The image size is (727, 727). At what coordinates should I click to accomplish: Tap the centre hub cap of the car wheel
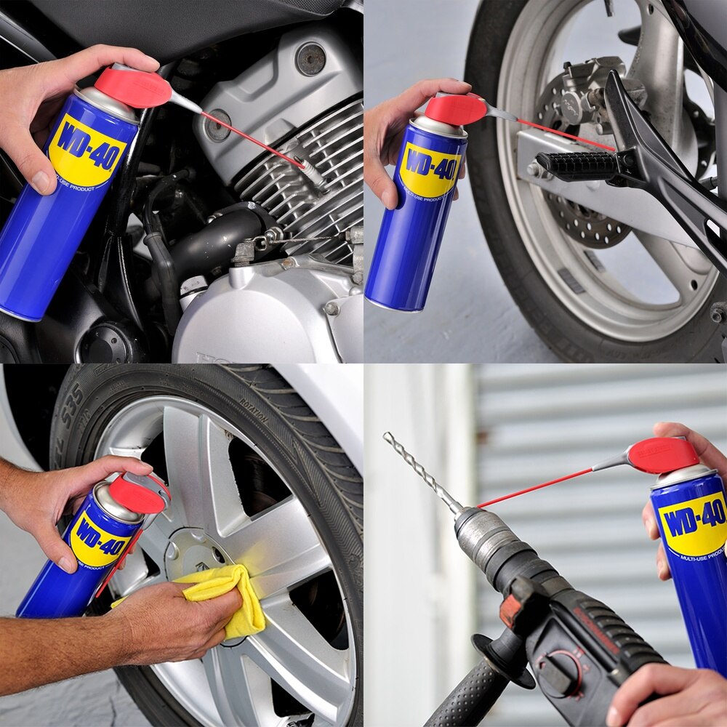point(193,553)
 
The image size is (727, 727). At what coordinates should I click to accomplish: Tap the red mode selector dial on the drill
point(563,669)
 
